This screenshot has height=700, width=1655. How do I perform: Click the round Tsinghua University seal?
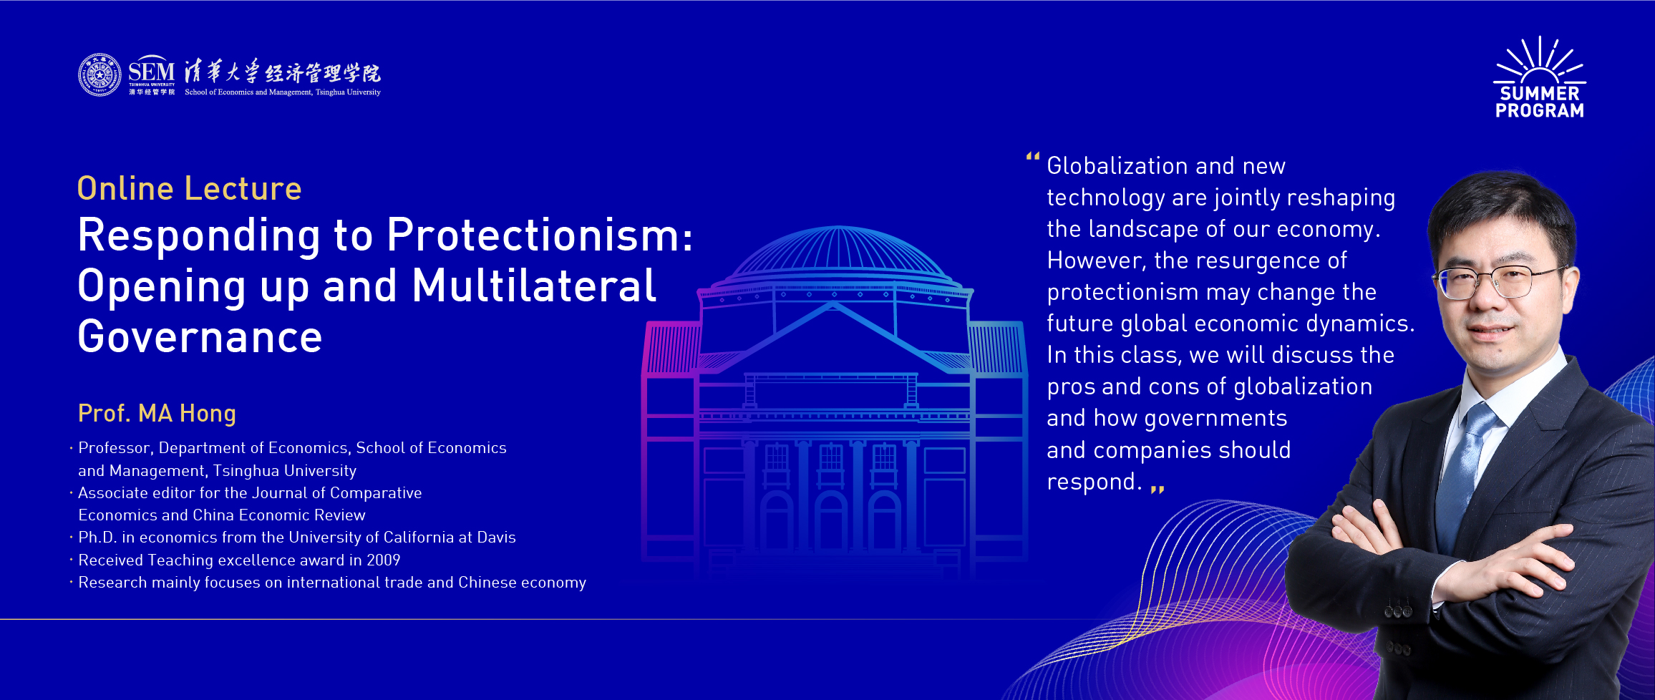tap(100, 74)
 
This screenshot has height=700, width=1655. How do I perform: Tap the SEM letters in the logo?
tap(151, 72)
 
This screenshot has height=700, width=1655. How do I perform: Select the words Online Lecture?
tap(190, 188)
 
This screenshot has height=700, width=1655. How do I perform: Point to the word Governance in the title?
tap(200, 337)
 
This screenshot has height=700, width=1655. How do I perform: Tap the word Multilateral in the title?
tap(534, 286)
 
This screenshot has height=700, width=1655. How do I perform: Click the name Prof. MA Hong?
tap(157, 413)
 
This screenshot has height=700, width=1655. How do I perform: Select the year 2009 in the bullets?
tap(383, 560)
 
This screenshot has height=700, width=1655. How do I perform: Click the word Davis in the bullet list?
tap(496, 537)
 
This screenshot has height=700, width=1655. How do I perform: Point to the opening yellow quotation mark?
tap(1032, 156)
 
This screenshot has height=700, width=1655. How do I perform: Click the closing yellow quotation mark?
tap(1157, 489)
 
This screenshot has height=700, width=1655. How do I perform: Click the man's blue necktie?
tap(1460, 472)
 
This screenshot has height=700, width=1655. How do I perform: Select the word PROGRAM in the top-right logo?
tap(1540, 110)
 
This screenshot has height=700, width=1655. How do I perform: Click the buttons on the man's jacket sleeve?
tap(1398, 612)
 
